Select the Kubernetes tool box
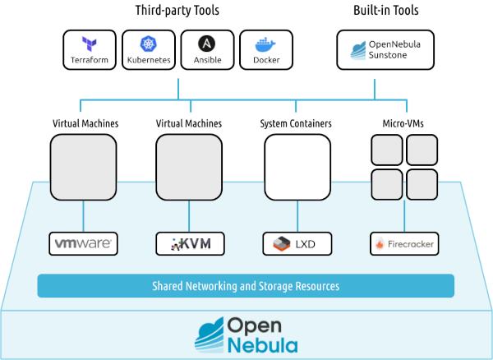coord(149,50)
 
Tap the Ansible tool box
coord(207,50)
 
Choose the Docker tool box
coord(266,50)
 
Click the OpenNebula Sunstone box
coord(375,50)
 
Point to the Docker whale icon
coord(266,44)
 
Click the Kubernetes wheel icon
coord(149,44)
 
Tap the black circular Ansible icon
coord(207,44)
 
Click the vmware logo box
coord(83,243)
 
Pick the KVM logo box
coord(190,243)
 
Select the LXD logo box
coord(296,243)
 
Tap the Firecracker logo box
coord(403,243)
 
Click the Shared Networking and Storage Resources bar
coord(246,286)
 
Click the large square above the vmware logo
coord(83,168)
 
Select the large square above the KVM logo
coord(189,168)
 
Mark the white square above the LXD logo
coord(297,168)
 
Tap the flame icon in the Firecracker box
coord(380,244)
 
